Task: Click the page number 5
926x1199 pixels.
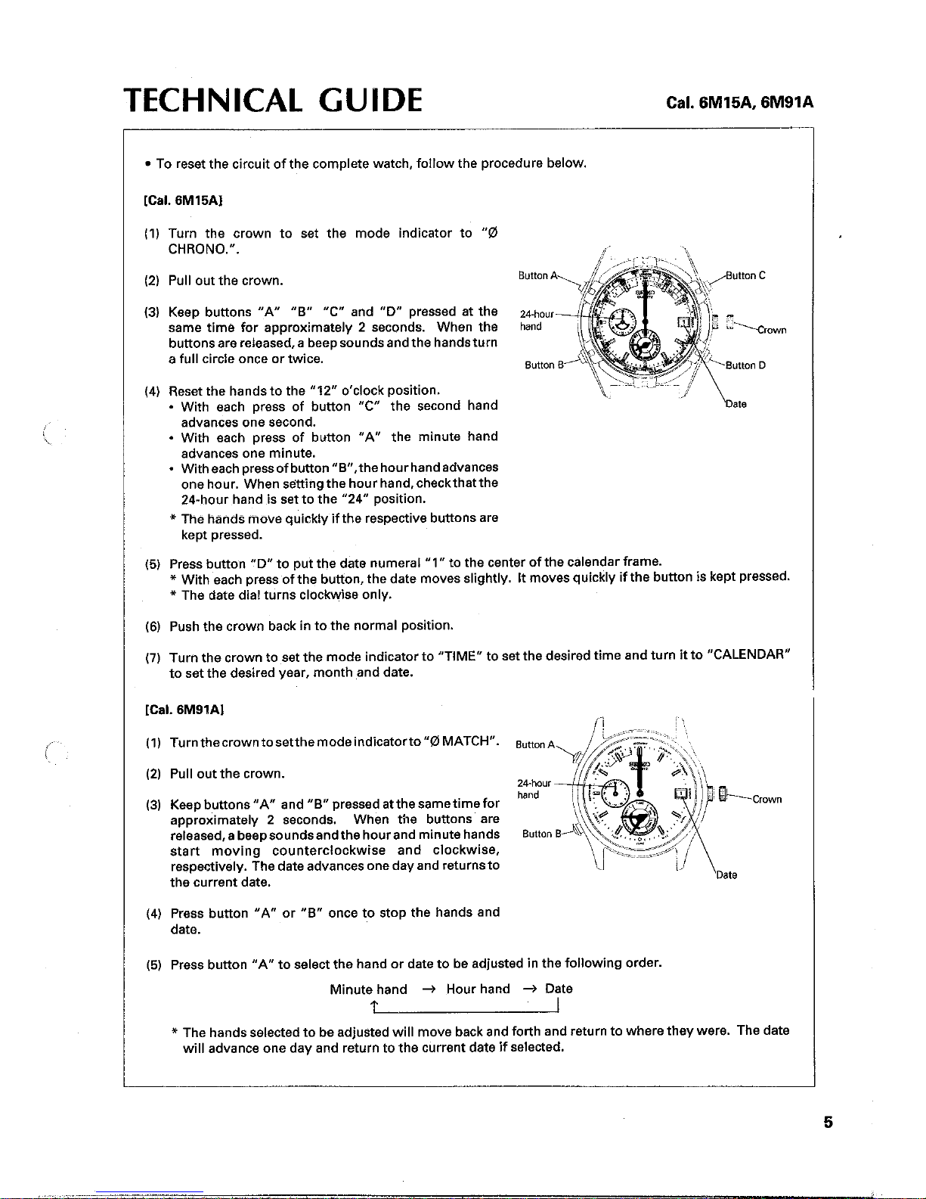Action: [x=828, y=1123]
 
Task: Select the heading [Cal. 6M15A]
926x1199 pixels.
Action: [x=183, y=200]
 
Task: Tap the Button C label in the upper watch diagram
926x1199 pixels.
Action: [x=745, y=275]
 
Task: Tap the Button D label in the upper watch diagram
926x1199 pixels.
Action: [x=745, y=365]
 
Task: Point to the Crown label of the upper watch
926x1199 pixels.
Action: [x=772, y=330]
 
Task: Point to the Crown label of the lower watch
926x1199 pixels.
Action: [x=767, y=799]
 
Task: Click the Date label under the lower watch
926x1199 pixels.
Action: [x=726, y=874]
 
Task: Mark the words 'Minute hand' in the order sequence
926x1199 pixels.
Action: [x=368, y=989]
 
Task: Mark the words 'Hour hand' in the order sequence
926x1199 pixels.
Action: [x=478, y=989]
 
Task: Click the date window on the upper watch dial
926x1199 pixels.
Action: [x=684, y=322]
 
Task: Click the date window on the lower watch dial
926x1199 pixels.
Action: [x=682, y=793]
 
